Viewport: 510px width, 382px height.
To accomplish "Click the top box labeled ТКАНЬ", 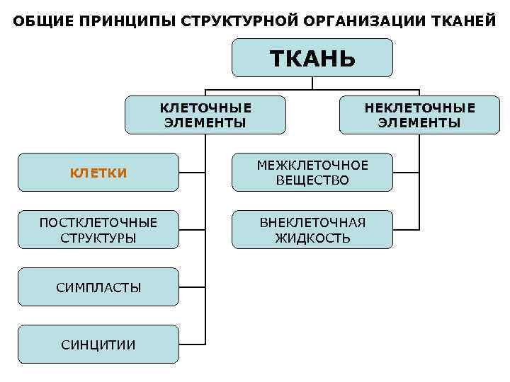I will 312,57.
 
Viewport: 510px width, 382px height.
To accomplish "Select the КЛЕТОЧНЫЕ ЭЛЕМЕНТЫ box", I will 205,115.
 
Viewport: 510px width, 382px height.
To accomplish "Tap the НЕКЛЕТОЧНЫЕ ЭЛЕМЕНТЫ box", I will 419,115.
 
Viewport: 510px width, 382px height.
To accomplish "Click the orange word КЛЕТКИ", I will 98,173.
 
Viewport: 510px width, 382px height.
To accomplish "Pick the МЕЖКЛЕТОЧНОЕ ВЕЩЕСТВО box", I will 312,173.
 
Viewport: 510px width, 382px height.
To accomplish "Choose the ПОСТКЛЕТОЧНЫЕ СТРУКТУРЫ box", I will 98,230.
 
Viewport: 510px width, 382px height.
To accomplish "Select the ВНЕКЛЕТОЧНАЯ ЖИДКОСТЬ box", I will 312,230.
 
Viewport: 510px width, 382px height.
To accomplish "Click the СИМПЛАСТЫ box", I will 98,287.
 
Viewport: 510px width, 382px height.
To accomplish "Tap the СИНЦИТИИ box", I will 98,345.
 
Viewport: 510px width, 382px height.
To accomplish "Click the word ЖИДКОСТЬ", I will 312,238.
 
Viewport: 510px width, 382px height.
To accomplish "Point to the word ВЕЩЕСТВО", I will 312,180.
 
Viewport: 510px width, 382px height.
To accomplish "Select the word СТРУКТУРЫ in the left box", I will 98,238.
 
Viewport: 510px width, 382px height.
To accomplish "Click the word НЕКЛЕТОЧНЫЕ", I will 419,108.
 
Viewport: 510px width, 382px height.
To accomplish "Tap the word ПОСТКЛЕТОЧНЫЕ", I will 98,223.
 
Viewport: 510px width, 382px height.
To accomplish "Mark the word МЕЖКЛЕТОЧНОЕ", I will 312,166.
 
